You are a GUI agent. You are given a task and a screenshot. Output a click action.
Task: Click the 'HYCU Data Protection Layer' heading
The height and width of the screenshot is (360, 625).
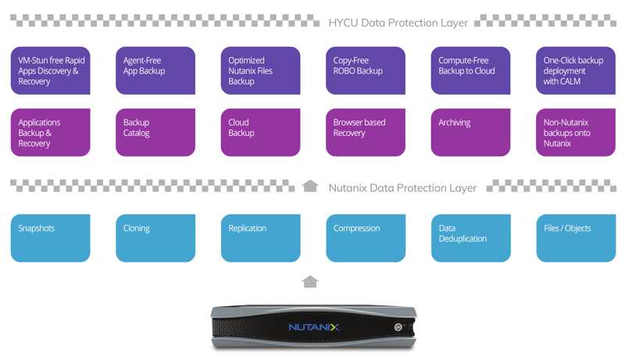click(x=398, y=23)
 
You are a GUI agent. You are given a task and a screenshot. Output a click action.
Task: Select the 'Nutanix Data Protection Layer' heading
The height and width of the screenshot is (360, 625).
click(x=402, y=187)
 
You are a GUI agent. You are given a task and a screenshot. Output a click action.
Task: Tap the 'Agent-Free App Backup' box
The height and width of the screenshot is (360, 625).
click(x=155, y=70)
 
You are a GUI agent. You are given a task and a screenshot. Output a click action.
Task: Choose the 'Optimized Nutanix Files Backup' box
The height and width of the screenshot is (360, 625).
click(x=261, y=70)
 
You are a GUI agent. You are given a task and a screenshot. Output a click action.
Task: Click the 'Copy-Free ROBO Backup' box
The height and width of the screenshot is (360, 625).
click(x=366, y=70)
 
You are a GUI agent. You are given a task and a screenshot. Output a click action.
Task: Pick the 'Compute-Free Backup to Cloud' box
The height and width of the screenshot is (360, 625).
click(x=471, y=70)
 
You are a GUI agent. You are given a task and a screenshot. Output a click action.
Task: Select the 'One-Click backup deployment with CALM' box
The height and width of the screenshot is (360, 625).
click(x=576, y=70)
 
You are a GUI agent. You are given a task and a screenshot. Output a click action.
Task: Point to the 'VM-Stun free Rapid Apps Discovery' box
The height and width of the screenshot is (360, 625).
click(x=50, y=70)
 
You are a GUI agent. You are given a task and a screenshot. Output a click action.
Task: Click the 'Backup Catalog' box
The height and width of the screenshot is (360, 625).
click(x=155, y=132)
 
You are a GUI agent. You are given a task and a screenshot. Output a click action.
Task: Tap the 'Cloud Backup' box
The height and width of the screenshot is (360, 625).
click(x=261, y=132)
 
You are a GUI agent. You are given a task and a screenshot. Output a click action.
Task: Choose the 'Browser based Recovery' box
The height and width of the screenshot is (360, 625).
click(x=366, y=132)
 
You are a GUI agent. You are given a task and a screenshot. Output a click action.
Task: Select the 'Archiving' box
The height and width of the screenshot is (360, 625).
click(x=471, y=132)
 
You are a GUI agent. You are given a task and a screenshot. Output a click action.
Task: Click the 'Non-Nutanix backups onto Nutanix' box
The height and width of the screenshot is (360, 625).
click(x=576, y=132)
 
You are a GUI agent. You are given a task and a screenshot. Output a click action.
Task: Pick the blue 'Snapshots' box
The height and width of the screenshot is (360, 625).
click(x=50, y=238)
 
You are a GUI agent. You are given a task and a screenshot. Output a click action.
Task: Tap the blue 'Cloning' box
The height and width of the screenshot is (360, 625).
click(x=155, y=238)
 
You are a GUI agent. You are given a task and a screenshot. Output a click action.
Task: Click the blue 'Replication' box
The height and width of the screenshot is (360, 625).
click(x=261, y=238)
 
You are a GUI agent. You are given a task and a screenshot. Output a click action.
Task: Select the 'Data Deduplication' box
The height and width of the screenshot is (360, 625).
click(x=471, y=238)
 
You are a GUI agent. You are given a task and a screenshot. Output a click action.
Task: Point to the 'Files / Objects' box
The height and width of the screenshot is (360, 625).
click(x=576, y=238)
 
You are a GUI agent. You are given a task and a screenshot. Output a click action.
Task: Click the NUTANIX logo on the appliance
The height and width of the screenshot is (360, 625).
click(x=314, y=327)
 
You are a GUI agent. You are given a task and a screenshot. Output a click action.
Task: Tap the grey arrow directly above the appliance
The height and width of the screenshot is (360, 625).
click(x=310, y=282)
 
